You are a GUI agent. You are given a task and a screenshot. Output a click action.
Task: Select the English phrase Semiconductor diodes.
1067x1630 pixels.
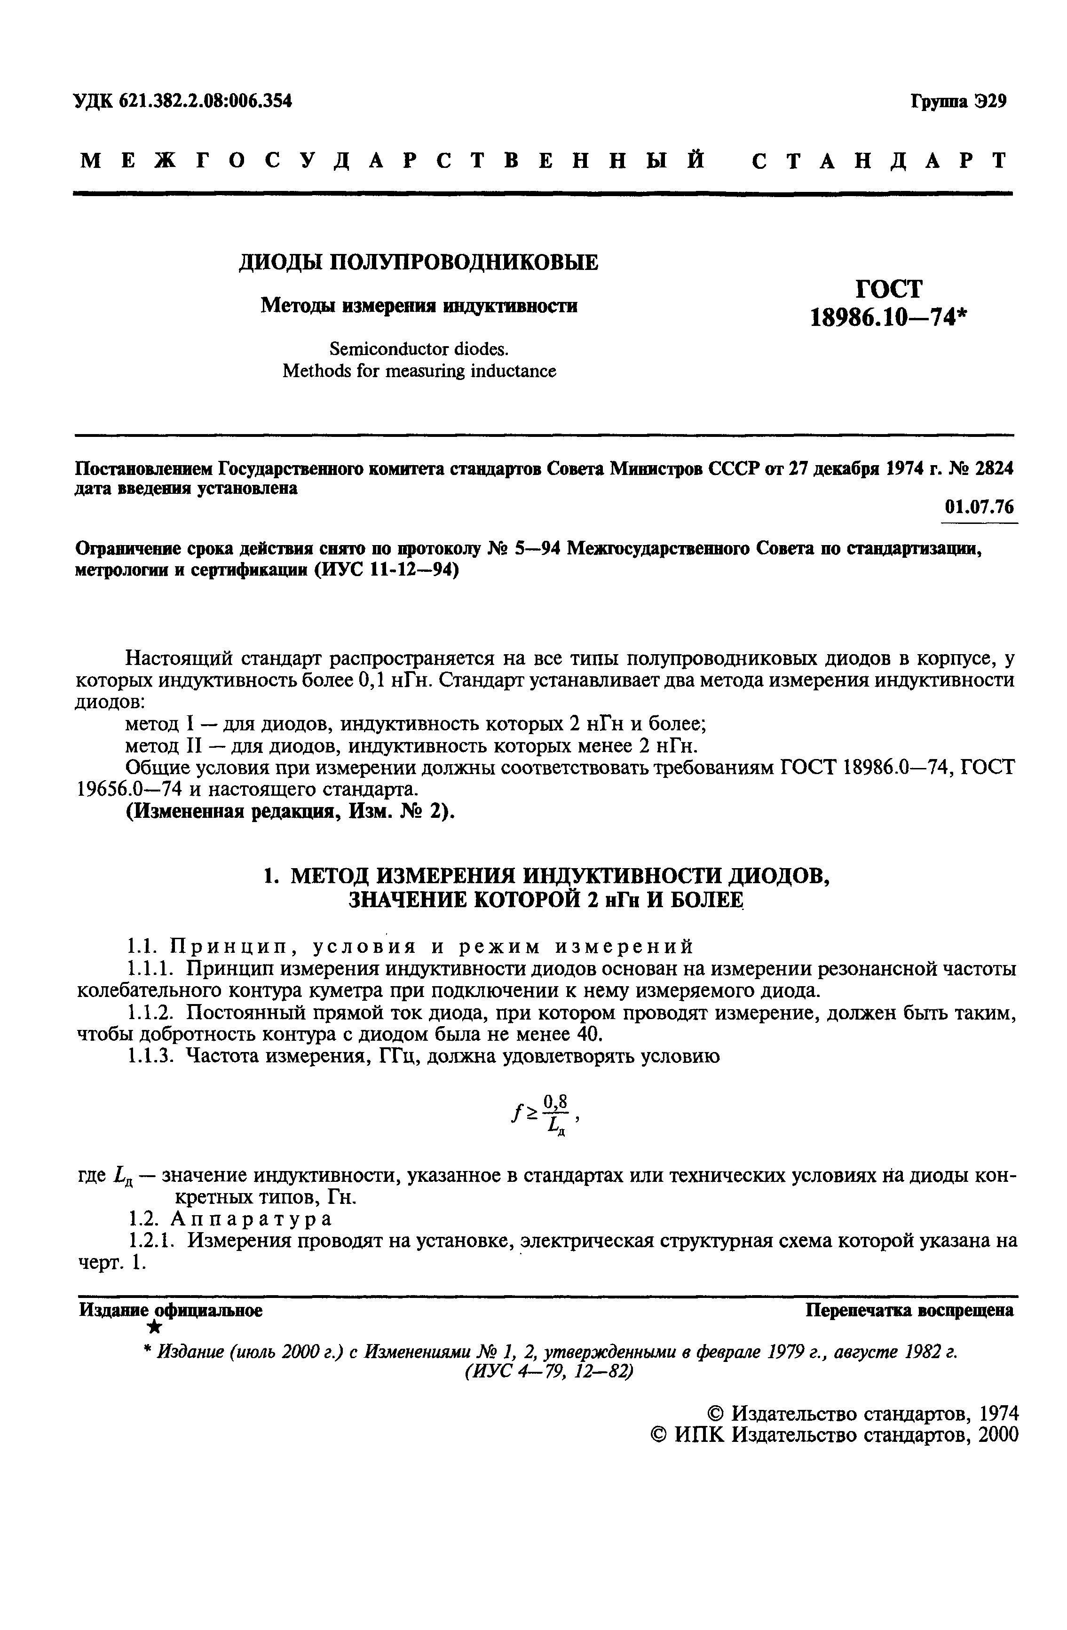click(x=419, y=349)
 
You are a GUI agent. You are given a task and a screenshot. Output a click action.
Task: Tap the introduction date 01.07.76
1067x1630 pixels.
click(x=979, y=507)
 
